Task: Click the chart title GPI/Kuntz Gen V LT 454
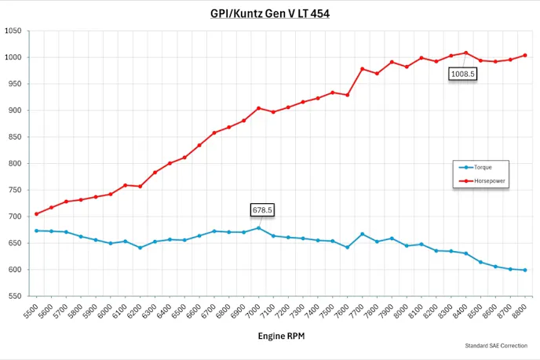[x=270, y=13]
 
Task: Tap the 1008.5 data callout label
[x=462, y=74]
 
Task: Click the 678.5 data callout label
[x=262, y=209]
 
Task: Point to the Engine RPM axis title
[x=280, y=336]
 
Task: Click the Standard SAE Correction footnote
[x=496, y=345]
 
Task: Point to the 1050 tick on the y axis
[x=13, y=31]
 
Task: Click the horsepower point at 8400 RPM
[x=466, y=53]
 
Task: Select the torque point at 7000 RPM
[x=258, y=228]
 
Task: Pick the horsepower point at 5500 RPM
[x=36, y=214]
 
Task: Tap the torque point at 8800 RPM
[x=525, y=270]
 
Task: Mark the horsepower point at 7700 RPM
[x=362, y=69]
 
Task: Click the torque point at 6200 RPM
[x=140, y=248]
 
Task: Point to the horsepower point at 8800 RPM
[x=525, y=55]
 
